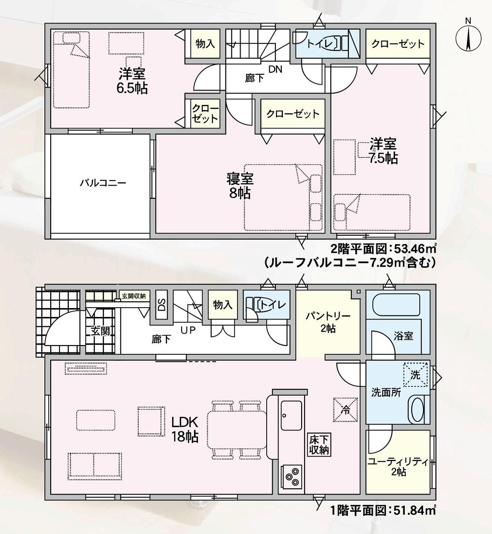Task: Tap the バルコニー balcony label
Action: tap(103, 183)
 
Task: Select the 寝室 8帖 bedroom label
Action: tap(240, 186)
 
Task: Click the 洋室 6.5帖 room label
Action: tap(132, 81)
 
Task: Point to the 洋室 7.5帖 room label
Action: tap(383, 151)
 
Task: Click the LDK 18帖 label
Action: tap(185, 429)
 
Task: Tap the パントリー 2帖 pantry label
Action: tap(328, 322)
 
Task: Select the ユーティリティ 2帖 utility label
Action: tap(398, 467)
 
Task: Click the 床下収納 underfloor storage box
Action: tap(319, 444)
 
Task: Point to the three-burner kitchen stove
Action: tap(291, 476)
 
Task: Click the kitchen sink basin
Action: tap(291, 415)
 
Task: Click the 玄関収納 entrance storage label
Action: tap(134, 296)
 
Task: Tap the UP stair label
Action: tap(188, 330)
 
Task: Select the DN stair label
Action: tap(276, 69)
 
